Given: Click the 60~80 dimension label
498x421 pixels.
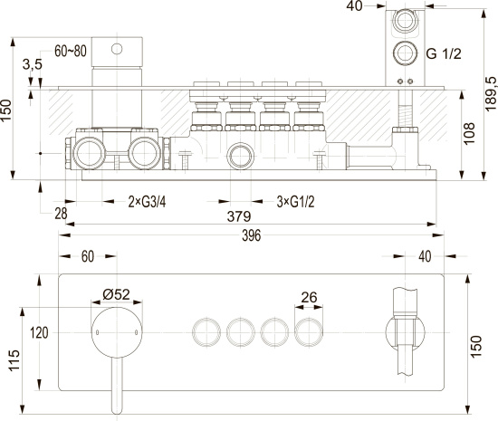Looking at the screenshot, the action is pyautogui.click(x=71, y=51).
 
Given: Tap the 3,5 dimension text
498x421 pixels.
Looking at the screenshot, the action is pyautogui.click(x=33, y=64).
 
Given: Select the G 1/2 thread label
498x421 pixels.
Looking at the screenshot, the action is pyautogui.click(x=444, y=53).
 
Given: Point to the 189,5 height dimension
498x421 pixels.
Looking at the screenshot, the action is pyautogui.click(x=491, y=93).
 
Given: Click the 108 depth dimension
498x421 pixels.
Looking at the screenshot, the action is pyautogui.click(x=469, y=134).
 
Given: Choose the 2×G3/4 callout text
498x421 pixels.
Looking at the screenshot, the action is pyautogui.click(x=147, y=202).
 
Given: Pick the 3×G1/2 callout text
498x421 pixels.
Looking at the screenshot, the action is pyautogui.click(x=295, y=202).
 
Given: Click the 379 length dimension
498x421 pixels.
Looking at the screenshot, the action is pyautogui.click(x=239, y=216).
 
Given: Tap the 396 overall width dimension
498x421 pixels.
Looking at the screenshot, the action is pyautogui.click(x=251, y=235).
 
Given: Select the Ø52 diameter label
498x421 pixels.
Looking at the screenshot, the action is pyautogui.click(x=116, y=294).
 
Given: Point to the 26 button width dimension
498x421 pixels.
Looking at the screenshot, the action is pyautogui.click(x=309, y=298).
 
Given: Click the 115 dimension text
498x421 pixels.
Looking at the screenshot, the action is pyautogui.click(x=14, y=360).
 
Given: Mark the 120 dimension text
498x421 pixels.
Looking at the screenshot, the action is pyautogui.click(x=39, y=333).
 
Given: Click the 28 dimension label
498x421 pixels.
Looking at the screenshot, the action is pyautogui.click(x=61, y=214).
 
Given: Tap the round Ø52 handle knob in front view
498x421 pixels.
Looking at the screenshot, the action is pyautogui.click(x=117, y=332).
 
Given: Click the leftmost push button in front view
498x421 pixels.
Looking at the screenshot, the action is pyautogui.click(x=206, y=332).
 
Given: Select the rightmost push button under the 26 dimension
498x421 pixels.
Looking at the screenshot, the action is pyautogui.click(x=309, y=332).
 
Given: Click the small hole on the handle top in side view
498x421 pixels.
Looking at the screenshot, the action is pyautogui.click(x=117, y=49).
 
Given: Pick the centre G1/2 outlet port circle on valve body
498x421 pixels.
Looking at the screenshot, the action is pyautogui.click(x=241, y=156).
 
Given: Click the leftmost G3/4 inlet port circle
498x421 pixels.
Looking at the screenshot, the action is pyautogui.click(x=89, y=153).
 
